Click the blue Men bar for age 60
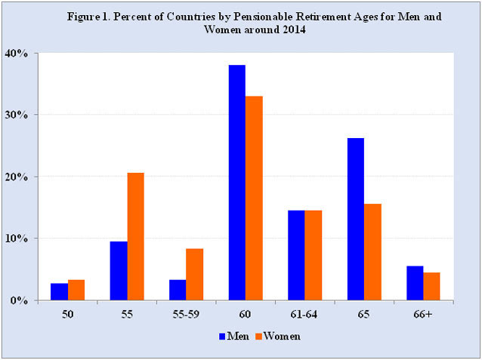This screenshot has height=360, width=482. pyautogui.click(x=237, y=183)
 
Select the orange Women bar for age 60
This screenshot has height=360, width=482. pyautogui.click(x=254, y=198)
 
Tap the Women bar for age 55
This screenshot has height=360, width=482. pyautogui.click(x=135, y=236)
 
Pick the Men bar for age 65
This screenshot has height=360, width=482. pyautogui.click(x=356, y=219)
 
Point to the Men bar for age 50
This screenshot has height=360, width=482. pyautogui.click(x=60, y=292)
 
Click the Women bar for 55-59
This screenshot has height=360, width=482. pyautogui.click(x=195, y=274)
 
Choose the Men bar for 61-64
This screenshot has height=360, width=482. pyautogui.click(x=296, y=255)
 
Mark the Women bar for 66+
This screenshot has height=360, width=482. pyautogui.click(x=431, y=286)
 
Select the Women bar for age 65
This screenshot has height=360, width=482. pyautogui.click(x=372, y=252)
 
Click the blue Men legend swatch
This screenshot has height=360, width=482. pyautogui.click(x=222, y=337)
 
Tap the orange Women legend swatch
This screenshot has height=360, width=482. pyautogui.click(x=258, y=337)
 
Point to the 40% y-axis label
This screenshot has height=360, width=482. pyautogui.click(x=17, y=54)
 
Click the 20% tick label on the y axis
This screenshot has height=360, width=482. pyautogui.click(x=17, y=177)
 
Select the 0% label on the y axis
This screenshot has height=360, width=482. pyautogui.click(x=19, y=300)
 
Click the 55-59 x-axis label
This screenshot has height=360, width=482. pyautogui.click(x=186, y=315)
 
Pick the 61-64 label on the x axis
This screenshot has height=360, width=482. pyautogui.click(x=304, y=315)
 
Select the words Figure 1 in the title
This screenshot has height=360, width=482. pyautogui.click(x=88, y=17)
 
